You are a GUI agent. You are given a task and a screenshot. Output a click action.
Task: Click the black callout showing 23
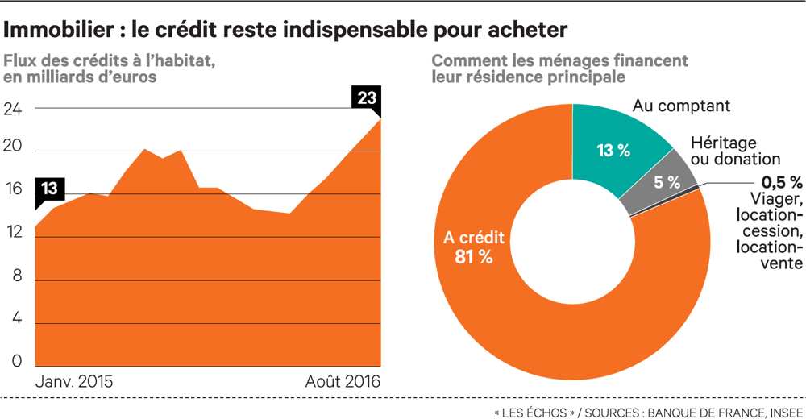366,98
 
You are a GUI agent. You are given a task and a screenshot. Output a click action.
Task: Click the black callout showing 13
49,189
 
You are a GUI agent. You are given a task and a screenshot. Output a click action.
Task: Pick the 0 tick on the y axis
17,362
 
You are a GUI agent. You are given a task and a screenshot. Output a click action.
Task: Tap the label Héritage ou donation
736,151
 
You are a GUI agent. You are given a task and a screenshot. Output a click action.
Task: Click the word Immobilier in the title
57,30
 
